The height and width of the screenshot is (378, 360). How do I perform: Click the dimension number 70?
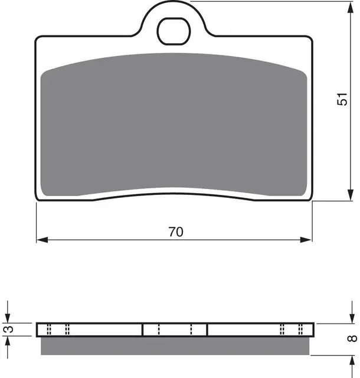pos(176,232)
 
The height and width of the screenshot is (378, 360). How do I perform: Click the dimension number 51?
pos(342,99)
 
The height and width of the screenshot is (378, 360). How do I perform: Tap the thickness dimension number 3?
pos(9,329)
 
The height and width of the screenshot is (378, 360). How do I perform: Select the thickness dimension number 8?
pos(352,338)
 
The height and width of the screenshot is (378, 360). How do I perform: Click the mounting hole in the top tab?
pos(174,31)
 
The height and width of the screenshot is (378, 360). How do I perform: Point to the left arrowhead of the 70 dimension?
pos(42,240)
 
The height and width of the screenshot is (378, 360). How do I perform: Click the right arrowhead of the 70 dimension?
pos(306,240)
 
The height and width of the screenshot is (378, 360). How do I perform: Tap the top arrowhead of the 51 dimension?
pos(351,8)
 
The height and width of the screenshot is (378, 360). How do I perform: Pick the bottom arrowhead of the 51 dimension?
pos(351,195)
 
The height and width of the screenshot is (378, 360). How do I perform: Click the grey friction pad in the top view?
pos(174,124)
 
